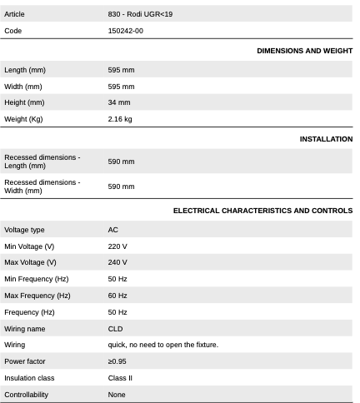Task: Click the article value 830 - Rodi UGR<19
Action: pos(140,14)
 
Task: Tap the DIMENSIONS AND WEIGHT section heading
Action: pos(304,51)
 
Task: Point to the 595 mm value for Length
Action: pos(121,70)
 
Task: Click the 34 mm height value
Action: pos(119,102)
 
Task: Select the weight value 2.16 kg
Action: pos(120,119)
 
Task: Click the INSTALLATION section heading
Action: pos(326,139)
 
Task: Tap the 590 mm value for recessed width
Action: pos(121,187)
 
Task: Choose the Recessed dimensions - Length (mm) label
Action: pos(42,162)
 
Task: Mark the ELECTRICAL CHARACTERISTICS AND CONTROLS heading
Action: pos(262,211)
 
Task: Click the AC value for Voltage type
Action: pos(113,229)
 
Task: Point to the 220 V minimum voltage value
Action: pos(117,246)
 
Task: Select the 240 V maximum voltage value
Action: pos(117,262)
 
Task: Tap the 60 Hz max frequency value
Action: pos(117,296)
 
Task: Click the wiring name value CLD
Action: pos(116,329)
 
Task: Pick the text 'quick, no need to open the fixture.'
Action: pos(163,345)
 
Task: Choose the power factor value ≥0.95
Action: pos(117,361)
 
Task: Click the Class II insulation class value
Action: pos(120,378)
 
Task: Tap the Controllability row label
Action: pos(27,395)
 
